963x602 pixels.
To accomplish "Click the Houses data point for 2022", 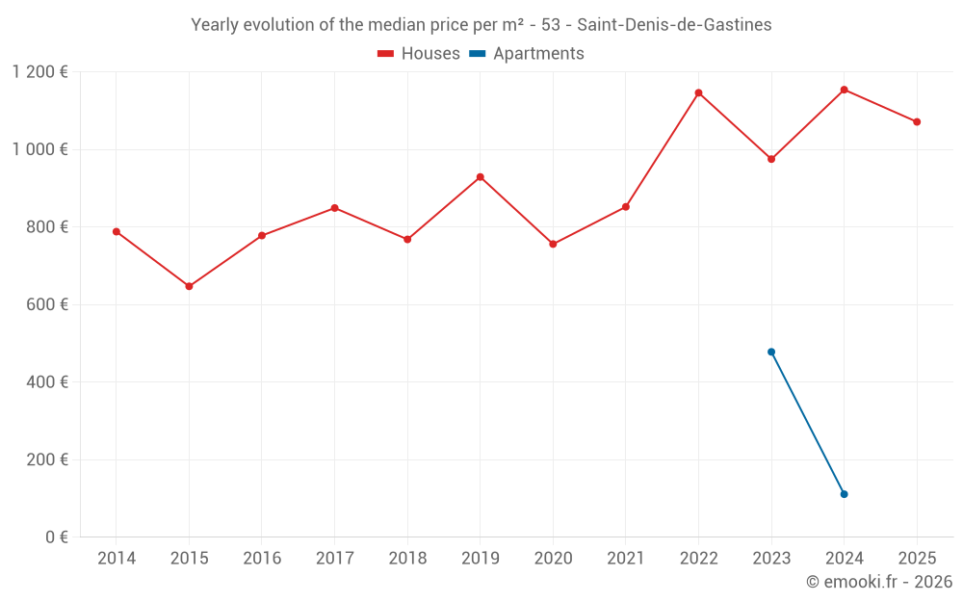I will pos(698,93).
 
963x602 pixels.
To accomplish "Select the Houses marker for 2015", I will pos(189,286).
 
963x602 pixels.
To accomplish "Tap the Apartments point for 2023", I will pos(771,352).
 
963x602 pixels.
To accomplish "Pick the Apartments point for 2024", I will pos(844,494).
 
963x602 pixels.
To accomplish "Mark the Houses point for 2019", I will pos(480,177).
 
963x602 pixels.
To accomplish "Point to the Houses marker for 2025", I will pos(917,122).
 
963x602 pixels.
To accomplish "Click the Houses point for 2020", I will pos(553,244).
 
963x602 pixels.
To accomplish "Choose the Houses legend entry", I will pos(419,54).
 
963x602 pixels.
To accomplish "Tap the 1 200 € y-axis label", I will pos(39,72).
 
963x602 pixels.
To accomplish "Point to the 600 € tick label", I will pos(49,304).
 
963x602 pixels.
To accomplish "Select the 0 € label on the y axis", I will pos(56,537).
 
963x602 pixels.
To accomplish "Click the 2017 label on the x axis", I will pos(334,559).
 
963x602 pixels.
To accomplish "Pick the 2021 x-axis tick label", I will pos(626,559).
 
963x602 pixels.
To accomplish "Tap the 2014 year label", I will pos(117,559).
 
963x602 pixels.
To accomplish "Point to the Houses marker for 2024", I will pos(844,90).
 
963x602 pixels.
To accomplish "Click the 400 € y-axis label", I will pos(49,382).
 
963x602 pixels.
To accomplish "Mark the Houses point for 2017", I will pos(334,208).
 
